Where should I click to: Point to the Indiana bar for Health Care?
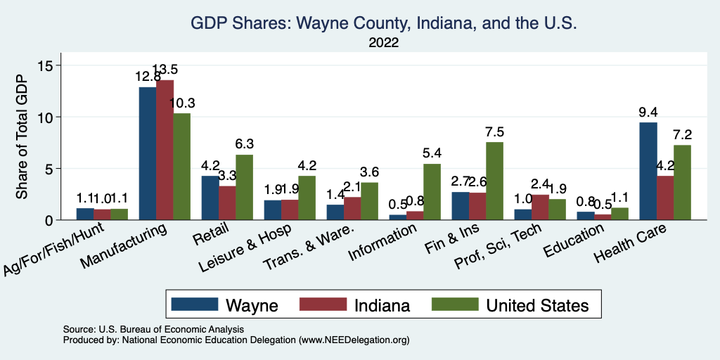point(665,198)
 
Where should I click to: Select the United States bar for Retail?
point(244,187)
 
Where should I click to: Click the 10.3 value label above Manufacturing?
point(181,103)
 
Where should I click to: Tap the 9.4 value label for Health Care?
point(647,112)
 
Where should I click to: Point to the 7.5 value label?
point(494,131)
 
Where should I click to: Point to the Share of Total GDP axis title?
point(22,137)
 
